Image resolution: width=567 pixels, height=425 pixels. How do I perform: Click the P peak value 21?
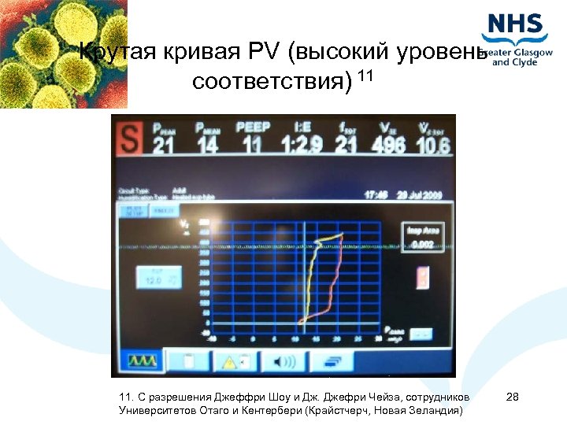point(163,146)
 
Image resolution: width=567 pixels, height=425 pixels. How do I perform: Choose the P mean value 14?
point(208,146)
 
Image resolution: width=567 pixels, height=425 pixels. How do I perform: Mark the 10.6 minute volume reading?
point(433,146)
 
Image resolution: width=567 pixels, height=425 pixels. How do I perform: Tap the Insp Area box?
point(424,237)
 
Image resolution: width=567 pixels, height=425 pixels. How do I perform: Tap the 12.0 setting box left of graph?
point(158,277)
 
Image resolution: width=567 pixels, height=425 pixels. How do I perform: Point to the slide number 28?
point(513,397)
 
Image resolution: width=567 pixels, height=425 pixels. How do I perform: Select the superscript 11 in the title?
point(365,76)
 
